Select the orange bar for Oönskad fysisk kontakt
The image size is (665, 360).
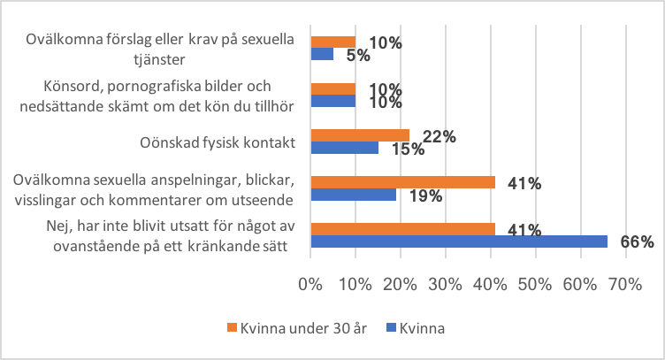(360, 135)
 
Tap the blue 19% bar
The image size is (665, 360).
(353, 195)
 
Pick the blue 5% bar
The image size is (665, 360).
(322, 54)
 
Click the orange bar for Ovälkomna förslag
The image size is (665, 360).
(332, 42)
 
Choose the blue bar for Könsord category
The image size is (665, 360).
(332, 101)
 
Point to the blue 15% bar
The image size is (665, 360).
(344, 148)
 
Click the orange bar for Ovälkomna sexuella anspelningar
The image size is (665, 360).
(402, 182)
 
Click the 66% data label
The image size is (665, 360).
(637, 241)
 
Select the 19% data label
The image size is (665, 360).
(425, 196)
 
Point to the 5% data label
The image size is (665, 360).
(358, 56)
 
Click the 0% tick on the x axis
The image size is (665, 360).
(310, 285)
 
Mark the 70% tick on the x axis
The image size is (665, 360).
(625, 285)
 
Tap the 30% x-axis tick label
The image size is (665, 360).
(445, 285)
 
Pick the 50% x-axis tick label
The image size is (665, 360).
(535, 285)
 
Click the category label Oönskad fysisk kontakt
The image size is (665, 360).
(217, 142)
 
